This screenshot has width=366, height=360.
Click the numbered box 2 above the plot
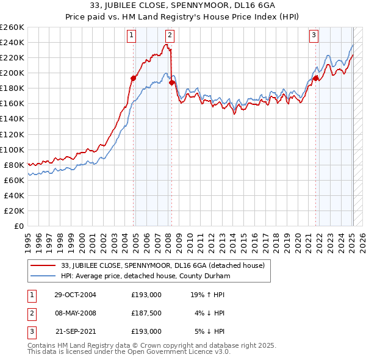point(170,35)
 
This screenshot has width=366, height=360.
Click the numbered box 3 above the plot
point(314,35)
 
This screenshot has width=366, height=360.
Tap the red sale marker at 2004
point(133,77)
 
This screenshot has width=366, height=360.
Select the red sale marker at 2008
point(171,82)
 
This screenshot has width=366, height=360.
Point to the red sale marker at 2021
point(316,77)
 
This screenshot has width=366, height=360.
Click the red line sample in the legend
point(43,265)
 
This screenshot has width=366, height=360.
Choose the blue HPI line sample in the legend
point(43,276)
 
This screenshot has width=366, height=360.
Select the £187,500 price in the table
point(146,313)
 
